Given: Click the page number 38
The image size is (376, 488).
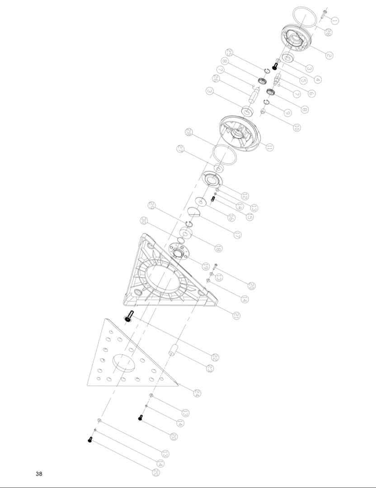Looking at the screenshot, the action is [x=39, y=474].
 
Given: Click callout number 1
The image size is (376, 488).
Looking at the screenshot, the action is [x=335, y=20].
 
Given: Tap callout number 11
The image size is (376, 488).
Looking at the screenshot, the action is [x=270, y=147].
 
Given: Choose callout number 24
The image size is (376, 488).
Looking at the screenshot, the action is [x=197, y=393].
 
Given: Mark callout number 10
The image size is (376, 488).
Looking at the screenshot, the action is [x=296, y=127].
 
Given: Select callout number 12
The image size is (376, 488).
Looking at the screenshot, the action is [x=244, y=196].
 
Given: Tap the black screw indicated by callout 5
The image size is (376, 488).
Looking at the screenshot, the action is [x=274, y=66].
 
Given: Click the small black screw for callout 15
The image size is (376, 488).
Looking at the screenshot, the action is [x=212, y=199].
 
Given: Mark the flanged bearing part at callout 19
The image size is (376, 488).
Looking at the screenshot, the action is [x=178, y=251].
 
